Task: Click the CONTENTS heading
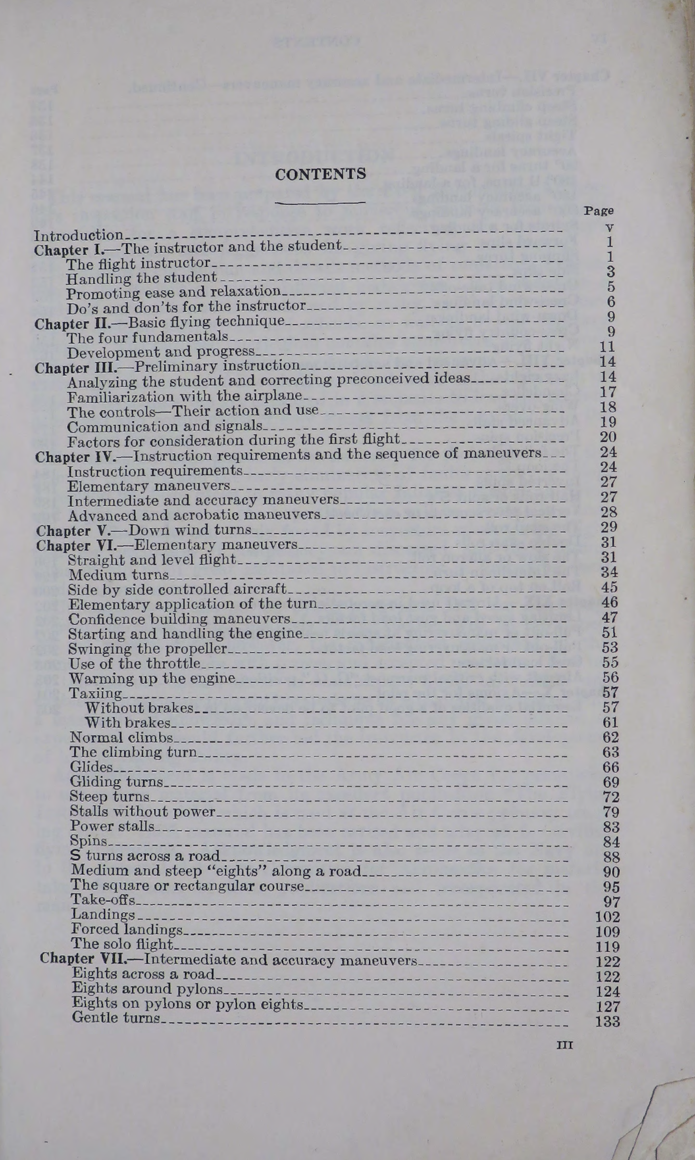(320, 174)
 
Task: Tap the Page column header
(599, 211)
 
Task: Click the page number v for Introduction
(609, 228)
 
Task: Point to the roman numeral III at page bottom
(564, 1045)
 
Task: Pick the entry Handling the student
(141, 278)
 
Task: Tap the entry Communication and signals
(164, 426)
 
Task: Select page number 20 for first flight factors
(608, 437)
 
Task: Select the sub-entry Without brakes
(139, 708)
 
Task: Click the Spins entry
(89, 841)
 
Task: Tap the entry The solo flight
(122, 944)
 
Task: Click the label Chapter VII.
(83, 959)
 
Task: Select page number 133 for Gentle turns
(607, 1022)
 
